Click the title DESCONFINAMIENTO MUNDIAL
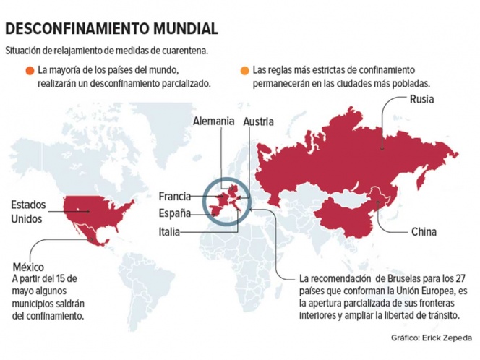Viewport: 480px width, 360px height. tap(111, 29)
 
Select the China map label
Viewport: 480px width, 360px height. tap(423, 232)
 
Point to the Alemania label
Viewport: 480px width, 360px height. tap(214, 121)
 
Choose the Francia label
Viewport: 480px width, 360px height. tap(174, 197)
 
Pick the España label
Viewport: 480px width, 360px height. tap(175, 213)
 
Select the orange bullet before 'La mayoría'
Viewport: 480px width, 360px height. tap(29, 71)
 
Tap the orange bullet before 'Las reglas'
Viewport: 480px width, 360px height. tap(243, 71)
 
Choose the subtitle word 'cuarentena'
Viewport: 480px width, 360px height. tap(181, 51)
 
